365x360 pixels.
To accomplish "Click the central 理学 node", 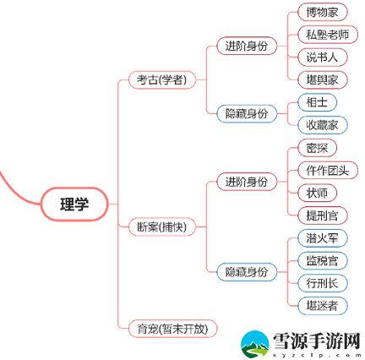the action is (74, 204).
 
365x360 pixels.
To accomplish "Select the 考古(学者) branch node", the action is (161, 80).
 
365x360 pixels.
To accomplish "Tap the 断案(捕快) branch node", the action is (161, 226).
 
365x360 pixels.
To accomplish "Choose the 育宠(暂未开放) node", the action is (172, 329).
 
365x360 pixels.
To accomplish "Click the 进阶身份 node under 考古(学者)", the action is (247, 46).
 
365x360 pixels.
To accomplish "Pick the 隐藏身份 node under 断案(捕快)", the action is (247, 272).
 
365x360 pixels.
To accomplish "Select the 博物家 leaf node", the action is (323, 12).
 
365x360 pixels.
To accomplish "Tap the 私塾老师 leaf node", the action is (328, 35).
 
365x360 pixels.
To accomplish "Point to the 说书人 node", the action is (323, 57).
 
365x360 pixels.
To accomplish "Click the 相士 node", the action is (317, 102).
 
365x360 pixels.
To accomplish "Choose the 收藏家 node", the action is (323, 125).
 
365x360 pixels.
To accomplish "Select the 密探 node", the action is (317, 148).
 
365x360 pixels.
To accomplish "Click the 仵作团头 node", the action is (328, 171).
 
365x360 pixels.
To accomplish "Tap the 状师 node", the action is (317, 193).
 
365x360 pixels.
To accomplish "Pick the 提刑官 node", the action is (323, 215).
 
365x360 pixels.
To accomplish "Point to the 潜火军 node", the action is (323, 238).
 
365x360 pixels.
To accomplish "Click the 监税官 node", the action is (323, 260).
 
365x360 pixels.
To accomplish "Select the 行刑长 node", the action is (323, 283).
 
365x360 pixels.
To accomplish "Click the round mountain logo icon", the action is (255, 345).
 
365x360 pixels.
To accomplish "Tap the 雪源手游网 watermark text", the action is (317, 341).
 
